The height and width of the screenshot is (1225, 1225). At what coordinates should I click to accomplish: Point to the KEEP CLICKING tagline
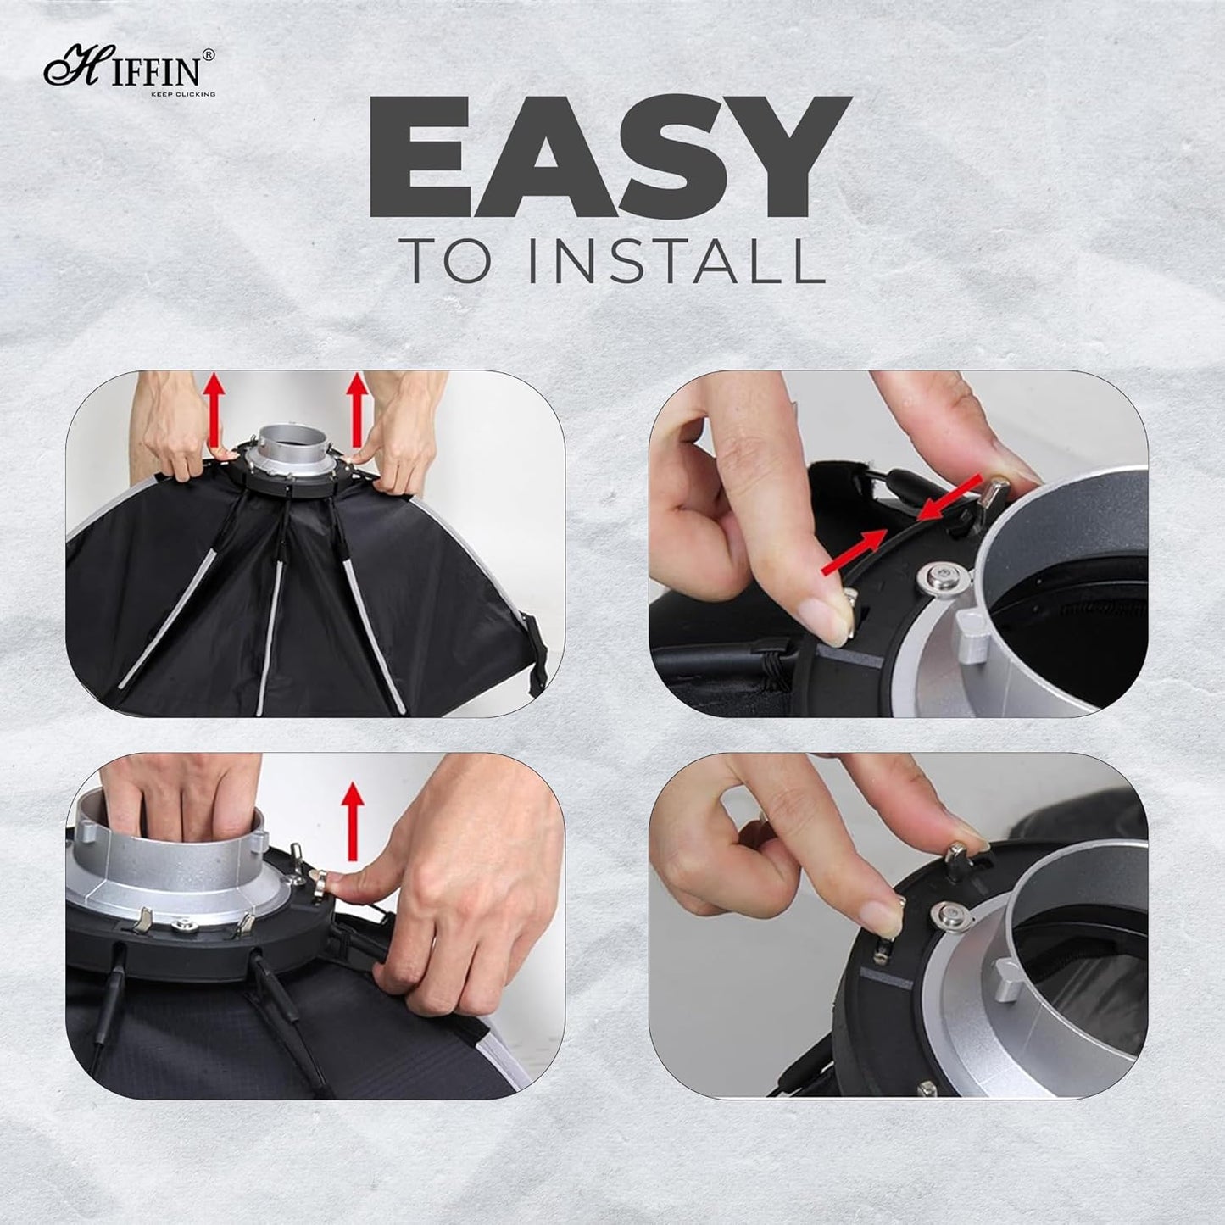[182, 94]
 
